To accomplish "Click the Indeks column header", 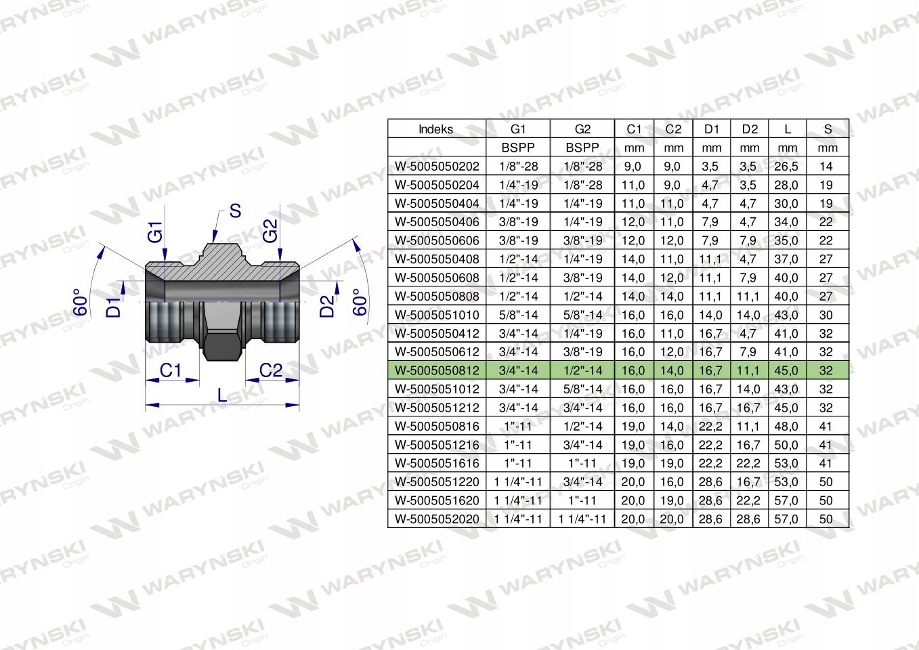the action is [435, 129].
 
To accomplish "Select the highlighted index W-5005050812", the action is [437, 370].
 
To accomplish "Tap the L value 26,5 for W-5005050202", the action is [786, 166].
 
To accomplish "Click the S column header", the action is [828, 129].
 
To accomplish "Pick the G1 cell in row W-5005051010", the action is [518, 315].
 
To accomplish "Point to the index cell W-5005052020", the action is [437, 519].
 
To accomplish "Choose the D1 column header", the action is [711, 129].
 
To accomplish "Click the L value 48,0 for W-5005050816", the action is [786, 426].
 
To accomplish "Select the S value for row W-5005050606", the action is [826, 240].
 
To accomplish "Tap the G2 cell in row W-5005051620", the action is [582, 500].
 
